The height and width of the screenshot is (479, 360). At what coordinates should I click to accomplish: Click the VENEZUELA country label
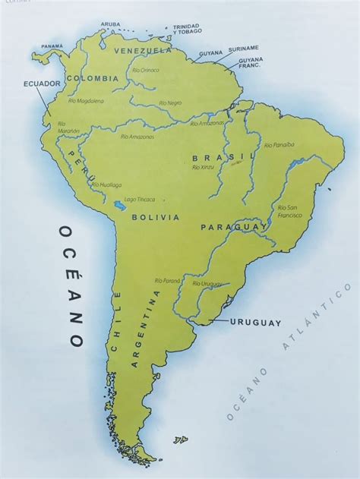point(143,51)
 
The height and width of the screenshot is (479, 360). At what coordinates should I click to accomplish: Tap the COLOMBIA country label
point(93,78)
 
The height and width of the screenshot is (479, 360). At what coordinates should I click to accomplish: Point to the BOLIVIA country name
point(155,217)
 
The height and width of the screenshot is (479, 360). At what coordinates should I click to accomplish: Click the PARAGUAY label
point(234,226)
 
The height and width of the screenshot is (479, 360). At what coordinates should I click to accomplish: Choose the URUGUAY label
point(257,322)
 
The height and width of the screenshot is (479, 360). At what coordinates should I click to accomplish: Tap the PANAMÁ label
point(52,46)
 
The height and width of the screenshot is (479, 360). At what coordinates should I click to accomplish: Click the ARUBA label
point(111,24)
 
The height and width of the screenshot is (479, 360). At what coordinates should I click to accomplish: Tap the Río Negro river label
point(170,102)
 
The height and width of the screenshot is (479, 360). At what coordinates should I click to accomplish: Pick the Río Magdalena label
point(86,99)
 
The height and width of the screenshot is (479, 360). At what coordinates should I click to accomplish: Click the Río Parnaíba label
point(279,144)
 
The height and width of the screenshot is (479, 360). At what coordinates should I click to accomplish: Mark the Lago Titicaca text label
point(139,200)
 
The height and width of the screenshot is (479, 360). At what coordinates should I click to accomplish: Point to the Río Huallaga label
point(106,184)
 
